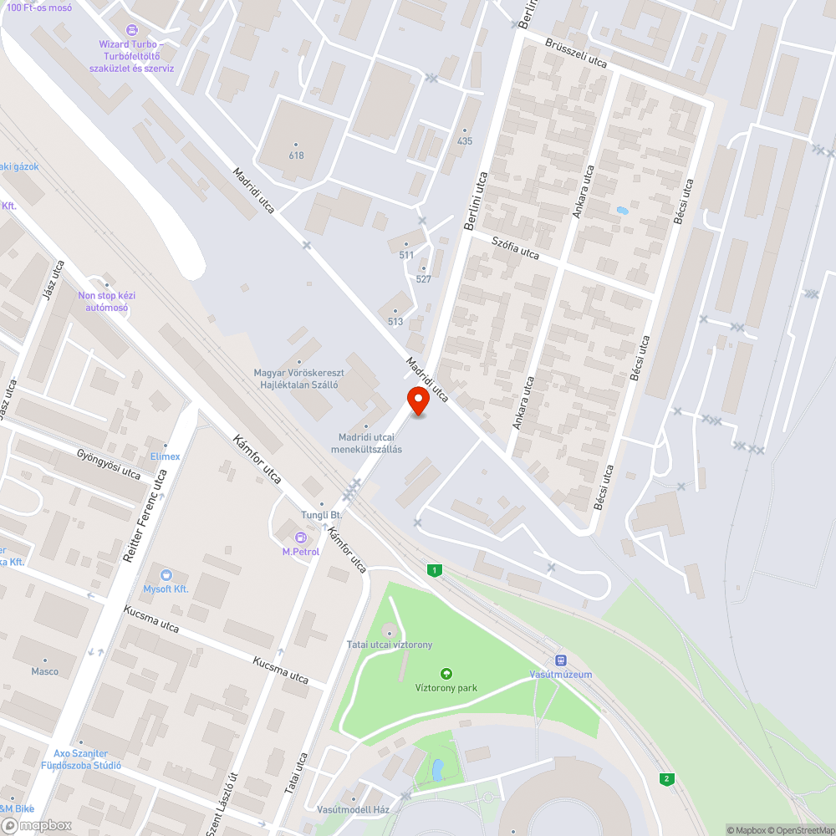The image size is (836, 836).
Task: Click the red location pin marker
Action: pyautogui.click(x=418, y=400)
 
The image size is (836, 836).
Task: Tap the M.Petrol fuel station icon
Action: pyautogui.click(x=300, y=537)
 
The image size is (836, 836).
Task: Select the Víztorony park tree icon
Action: pyautogui.click(x=446, y=673)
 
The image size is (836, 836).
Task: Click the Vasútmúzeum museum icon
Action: pyautogui.click(x=561, y=660)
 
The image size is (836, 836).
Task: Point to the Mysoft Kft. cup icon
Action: pyautogui.click(x=166, y=575)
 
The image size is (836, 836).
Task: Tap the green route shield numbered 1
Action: pyautogui.click(x=434, y=570)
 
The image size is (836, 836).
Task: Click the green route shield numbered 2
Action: pyautogui.click(x=666, y=779)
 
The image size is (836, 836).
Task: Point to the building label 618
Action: pyautogui.click(x=297, y=155)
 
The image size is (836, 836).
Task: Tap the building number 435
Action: pyautogui.click(x=465, y=140)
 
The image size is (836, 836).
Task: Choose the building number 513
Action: pyautogui.click(x=395, y=322)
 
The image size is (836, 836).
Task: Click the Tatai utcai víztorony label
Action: pyautogui.click(x=390, y=645)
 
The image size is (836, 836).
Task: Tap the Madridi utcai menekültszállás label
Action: pyautogui.click(x=366, y=443)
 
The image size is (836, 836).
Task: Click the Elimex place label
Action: pyautogui.click(x=165, y=456)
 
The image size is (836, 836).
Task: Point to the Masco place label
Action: pyautogui.click(x=45, y=671)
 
